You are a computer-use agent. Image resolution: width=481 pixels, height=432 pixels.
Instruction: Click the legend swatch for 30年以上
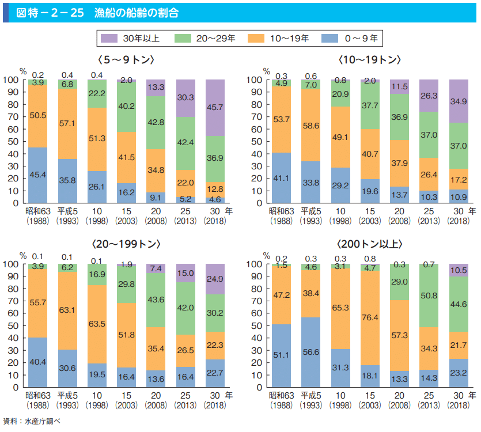(109, 39)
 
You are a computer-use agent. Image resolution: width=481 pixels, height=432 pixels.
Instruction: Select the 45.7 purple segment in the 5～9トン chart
(214, 108)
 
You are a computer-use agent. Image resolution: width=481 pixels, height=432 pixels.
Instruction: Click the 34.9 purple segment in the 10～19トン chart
(459, 101)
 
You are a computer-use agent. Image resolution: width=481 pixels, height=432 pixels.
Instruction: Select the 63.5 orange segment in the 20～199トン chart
(97, 324)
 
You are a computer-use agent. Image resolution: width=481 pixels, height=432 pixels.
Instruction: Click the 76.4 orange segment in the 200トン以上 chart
(370, 317)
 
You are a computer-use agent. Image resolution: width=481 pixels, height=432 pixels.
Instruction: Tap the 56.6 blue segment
(311, 352)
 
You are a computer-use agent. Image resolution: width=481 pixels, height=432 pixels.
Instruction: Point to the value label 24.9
(214, 279)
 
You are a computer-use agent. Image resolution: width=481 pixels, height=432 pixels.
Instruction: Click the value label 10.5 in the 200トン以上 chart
(459, 270)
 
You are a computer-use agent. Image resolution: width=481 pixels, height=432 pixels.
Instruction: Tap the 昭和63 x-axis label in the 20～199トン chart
(38, 396)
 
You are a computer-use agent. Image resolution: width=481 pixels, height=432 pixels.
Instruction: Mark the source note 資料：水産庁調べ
(32, 422)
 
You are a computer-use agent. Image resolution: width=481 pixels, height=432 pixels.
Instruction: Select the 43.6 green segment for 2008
(156, 300)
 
